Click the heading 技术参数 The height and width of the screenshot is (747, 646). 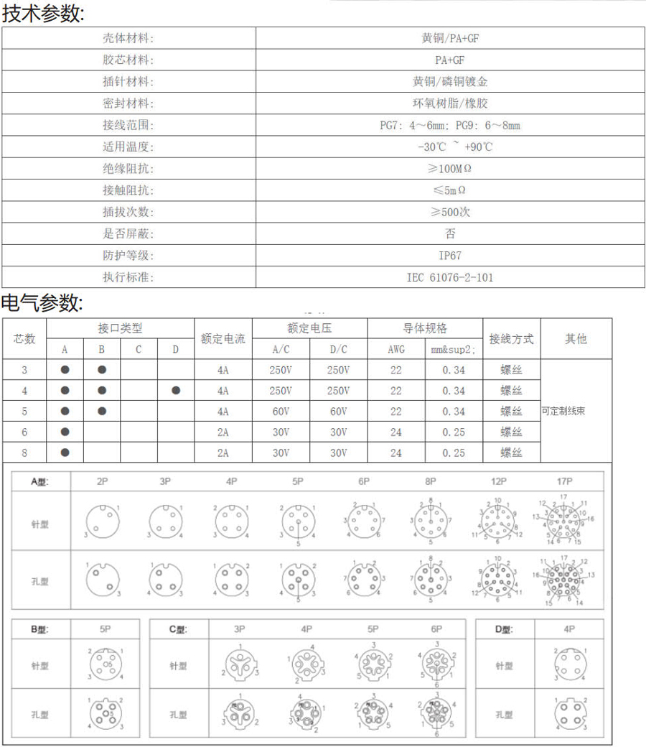pyautogui.click(x=42, y=14)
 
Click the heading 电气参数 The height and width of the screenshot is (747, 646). pyautogui.click(x=42, y=303)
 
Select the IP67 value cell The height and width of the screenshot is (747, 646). pyautogui.click(x=450, y=255)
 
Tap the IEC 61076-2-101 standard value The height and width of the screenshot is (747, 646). pyautogui.click(x=450, y=277)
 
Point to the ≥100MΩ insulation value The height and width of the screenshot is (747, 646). pyautogui.click(x=450, y=169)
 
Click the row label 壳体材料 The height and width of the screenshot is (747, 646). pyautogui.click(x=128, y=38)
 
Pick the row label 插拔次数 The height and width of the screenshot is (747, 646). pyautogui.click(x=128, y=212)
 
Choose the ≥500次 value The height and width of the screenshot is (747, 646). pyautogui.click(x=450, y=212)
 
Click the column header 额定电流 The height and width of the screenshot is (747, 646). pyautogui.click(x=223, y=339)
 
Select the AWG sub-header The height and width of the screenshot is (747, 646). pyautogui.click(x=396, y=350)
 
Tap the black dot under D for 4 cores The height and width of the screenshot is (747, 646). pyautogui.click(x=176, y=391)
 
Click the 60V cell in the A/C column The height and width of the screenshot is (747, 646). pyautogui.click(x=281, y=412)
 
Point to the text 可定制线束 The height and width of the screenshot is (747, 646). pyautogui.click(x=563, y=412)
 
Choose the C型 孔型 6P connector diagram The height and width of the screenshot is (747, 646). pyautogui.click(x=436, y=713)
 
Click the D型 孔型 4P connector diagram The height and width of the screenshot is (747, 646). pyautogui.click(x=569, y=713)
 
